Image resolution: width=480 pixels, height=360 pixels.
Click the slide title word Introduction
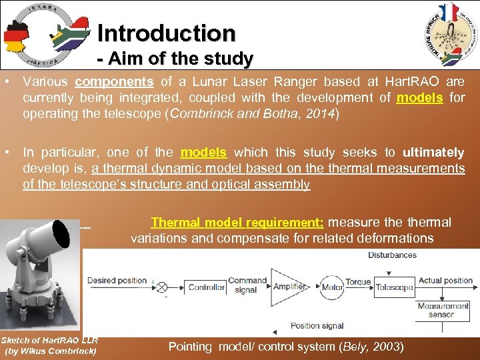tap(166, 33)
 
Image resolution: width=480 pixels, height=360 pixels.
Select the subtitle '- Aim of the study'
tap(175, 59)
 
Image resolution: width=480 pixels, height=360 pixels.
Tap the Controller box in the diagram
tap(206, 287)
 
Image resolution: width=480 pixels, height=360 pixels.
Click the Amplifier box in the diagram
tap(289, 287)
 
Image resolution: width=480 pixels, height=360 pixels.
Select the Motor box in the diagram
tap(333, 287)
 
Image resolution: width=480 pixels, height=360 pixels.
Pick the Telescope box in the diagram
tap(393, 287)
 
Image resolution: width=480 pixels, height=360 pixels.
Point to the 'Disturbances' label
tap(392, 255)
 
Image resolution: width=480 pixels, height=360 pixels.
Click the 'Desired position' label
tap(117, 280)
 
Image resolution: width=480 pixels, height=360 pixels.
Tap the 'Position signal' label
tap(317, 325)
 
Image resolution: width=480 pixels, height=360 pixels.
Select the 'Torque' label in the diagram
tap(358, 281)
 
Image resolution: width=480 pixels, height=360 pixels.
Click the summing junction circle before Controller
tap(160, 287)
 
